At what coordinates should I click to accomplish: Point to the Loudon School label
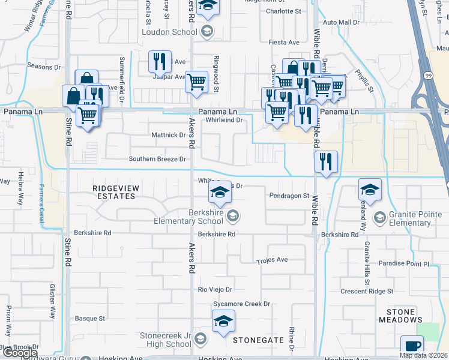pyautogui.click(x=169, y=32)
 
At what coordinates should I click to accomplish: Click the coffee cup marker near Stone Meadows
pyautogui.click(x=412, y=346)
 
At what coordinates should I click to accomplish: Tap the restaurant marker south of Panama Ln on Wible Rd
pyautogui.click(x=326, y=161)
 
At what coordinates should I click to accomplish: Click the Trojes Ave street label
pyautogui.click(x=273, y=260)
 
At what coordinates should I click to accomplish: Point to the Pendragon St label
pyautogui.click(x=289, y=196)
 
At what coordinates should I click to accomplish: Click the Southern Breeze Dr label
pyautogui.click(x=158, y=159)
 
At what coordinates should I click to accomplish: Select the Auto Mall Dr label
pyautogui.click(x=340, y=22)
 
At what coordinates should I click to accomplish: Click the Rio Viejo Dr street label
pyautogui.click(x=215, y=289)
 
